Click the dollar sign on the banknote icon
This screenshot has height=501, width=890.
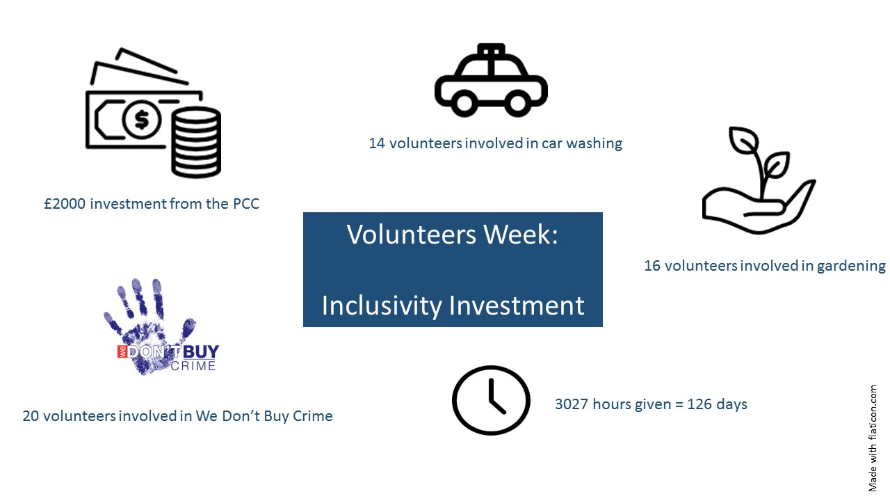pyautogui.click(x=142, y=119)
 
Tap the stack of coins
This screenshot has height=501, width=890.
pyautogui.click(x=196, y=142)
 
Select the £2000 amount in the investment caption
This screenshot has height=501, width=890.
pyautogui.click(x=65, y=204)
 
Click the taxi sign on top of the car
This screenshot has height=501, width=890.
pyautogui.click(x=491, y=49)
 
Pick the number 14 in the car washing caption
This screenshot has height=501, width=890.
pyautogui.click(x=377, y=143)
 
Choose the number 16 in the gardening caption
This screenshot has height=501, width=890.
pyautogui.click(x=652, y=266)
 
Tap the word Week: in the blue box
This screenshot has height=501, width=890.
pyautogui.click(x=521, y=234)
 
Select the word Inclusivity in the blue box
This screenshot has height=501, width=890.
pyautogui.click(x=382, y=305)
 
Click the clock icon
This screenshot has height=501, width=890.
pyautogui.click(x=491, y=400)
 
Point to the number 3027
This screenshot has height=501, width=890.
pyautogui.click(x=572, y=404)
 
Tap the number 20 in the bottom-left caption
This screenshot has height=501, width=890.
pyautogui.click(x=31, y=416)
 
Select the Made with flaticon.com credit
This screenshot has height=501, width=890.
pyautogui.click(x=873, y=438)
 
